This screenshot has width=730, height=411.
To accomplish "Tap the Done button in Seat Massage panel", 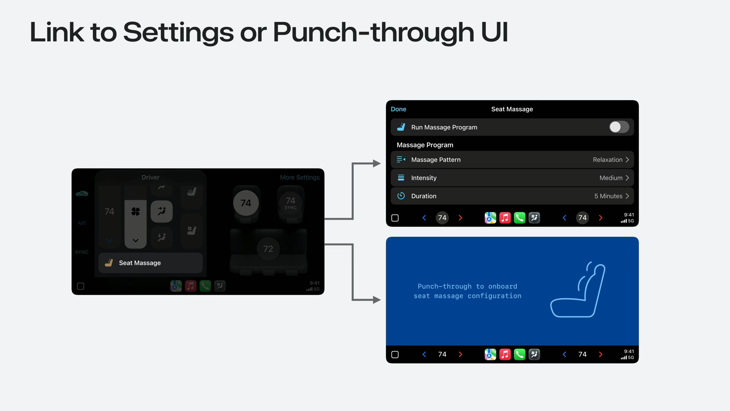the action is click(398, 109).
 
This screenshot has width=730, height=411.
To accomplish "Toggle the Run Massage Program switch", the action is click(619, 127).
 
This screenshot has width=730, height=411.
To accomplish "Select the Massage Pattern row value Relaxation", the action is click(608, 160).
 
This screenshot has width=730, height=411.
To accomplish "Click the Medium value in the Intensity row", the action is click(611, 178).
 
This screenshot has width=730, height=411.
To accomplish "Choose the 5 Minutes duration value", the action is click(608, 196).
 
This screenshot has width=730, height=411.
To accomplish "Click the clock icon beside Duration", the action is click(401, 196).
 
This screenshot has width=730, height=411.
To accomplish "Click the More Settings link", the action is click(300, 177).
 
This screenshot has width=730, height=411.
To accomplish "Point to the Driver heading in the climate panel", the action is click(150, 177).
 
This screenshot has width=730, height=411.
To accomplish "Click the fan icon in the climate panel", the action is click(135, 211).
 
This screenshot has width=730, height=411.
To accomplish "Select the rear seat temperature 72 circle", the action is click(268, 249).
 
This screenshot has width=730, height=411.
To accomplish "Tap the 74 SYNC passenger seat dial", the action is click(290, 203).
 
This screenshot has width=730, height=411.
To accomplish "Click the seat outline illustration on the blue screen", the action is click(578, 290).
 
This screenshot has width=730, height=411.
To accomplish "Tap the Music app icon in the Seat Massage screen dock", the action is click(505, 218).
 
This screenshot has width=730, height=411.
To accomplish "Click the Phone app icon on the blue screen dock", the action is click(519, 355).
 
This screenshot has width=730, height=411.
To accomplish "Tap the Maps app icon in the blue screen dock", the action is click(490, 355).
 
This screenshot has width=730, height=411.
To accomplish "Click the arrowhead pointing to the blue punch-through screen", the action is click(377, 300).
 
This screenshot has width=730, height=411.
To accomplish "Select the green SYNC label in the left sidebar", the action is click(82, 252).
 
